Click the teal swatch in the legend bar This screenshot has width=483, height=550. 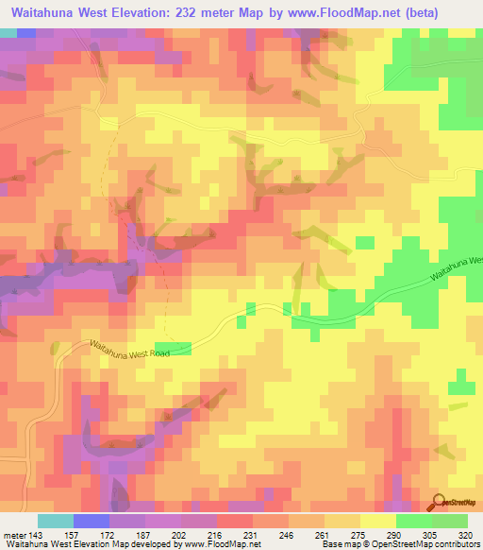[x=56, y=521]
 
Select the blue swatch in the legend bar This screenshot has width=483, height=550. [x=92, y=521]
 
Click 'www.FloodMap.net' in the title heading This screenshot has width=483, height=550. [x=364, y=12]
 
